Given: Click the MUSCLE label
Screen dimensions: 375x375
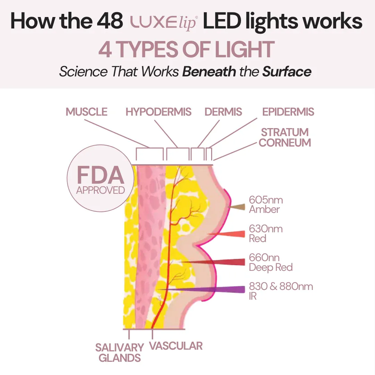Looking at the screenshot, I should click(86, 112).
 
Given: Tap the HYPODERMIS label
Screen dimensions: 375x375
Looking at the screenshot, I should click(158, 112).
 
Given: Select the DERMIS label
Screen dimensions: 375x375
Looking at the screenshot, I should click(223, 112).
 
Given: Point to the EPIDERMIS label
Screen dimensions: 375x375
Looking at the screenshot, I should click(288, 112).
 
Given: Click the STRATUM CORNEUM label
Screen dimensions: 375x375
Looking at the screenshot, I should click(285, 137).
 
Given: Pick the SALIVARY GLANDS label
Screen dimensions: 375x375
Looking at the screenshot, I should click(119, 352).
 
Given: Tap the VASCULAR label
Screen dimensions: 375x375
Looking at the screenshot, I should click(176, 346).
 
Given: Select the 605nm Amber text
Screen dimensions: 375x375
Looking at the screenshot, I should click(266, 205).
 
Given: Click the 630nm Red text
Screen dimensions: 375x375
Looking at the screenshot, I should click(266, 233).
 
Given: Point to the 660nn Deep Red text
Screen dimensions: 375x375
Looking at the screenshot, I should click(270, 262).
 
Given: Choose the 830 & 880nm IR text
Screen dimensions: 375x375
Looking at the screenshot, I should click(281, 291).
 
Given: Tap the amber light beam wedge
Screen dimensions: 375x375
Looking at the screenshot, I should click(238, 207).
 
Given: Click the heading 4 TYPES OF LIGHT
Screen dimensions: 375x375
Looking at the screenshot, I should click(186, 50).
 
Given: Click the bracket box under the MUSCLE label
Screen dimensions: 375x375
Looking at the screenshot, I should click(150, 154).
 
